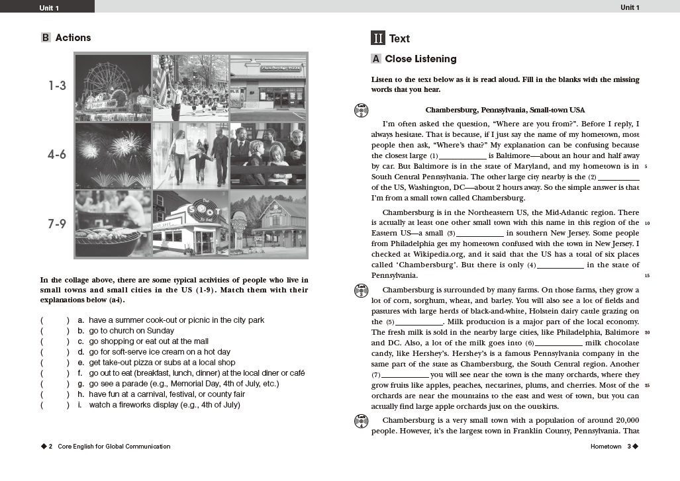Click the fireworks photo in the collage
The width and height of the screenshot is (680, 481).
click(x=113, y=155)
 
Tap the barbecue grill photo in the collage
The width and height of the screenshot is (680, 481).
click(x=113, y=224)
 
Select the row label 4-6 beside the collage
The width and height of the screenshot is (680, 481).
click(x=56, y=155)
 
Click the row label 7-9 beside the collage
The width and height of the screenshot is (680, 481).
click(x=56, y=224)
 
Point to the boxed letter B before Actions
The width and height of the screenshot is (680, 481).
click(x=46, y=38)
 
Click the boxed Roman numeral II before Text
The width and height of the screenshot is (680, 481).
click(x=378, y=38)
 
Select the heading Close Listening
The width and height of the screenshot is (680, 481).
click(x=420, y=59)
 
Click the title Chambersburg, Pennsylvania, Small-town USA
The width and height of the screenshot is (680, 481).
click(x=505, y=110)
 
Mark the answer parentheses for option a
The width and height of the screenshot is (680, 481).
click(x=54, y=320)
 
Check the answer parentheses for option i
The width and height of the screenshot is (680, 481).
click(x=54, y=405)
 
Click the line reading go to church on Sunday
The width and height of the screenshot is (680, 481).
click(x=131, y=331)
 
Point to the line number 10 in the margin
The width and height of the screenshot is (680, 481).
click(x=646, y=223)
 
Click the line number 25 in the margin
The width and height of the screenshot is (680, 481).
click(x=646, y=386)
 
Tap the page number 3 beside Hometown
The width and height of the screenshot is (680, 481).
click(x=629, y=447)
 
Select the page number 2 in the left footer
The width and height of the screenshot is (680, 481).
click(x=50, y=447)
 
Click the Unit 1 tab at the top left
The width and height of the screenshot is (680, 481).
click(x=48, y=7)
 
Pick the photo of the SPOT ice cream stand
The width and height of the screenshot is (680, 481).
click(x=191, y=224)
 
